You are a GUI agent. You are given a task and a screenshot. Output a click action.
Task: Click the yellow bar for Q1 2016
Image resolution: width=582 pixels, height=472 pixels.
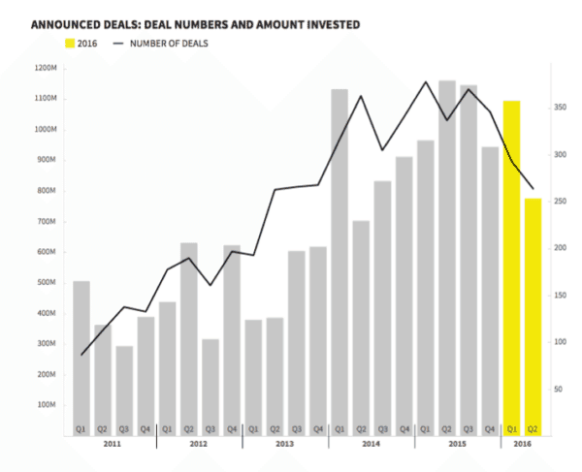coord(511,262)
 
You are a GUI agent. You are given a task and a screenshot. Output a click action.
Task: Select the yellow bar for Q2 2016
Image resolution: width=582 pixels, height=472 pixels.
coord(533,310)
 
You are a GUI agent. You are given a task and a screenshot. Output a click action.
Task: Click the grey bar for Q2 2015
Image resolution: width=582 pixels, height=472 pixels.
coord(447,252)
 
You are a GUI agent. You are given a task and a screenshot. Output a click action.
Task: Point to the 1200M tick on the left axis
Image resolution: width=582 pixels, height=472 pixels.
coord(47,68)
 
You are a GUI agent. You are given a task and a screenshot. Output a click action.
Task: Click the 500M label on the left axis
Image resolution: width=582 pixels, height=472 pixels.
coord(47,282)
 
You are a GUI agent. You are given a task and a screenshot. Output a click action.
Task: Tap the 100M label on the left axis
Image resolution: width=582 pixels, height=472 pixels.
coord(47,404)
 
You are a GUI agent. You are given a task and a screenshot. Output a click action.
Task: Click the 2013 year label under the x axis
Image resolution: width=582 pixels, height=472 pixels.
coord(285,444)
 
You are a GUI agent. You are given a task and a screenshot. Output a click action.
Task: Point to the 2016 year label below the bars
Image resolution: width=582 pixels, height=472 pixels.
coord(522,444)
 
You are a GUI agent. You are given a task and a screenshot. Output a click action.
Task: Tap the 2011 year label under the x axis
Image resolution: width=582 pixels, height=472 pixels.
coord(113,444)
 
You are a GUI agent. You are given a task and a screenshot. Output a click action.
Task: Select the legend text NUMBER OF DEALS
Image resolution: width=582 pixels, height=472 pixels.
coord(169,43)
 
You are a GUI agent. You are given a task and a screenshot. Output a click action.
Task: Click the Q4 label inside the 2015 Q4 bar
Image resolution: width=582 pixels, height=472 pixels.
coord(490,427)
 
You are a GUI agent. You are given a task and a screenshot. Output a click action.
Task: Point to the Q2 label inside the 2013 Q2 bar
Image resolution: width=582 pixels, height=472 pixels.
coord(275,427)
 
